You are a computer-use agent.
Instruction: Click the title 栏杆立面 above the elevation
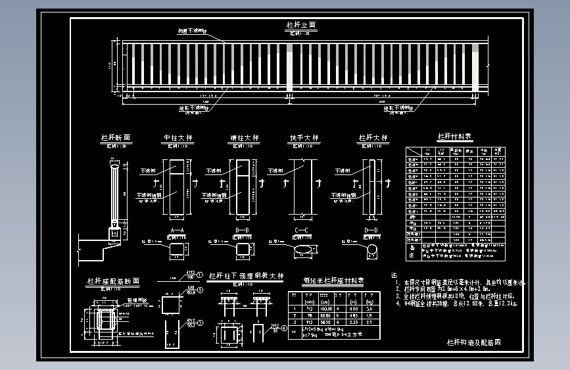point(301,25)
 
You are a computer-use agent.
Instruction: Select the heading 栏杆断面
point(116,138)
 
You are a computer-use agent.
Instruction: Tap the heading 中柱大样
point(178,138)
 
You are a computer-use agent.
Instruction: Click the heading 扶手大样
point(304,138)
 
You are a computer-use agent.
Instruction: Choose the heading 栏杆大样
point(373,138)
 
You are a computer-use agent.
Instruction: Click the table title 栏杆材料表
point(455,137)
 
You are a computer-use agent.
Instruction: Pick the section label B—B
point(241,230)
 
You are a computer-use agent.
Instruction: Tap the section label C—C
point(302,230)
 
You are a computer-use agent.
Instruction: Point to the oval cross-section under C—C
point(304,250)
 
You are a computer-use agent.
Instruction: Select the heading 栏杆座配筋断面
point(113,281)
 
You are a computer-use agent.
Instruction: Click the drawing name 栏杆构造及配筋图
point(474,342)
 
